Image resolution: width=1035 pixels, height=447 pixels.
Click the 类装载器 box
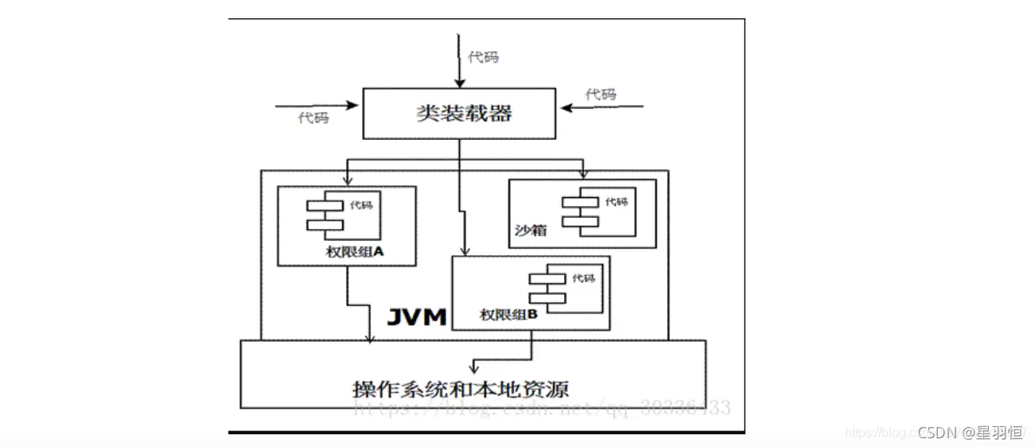coord(459,113)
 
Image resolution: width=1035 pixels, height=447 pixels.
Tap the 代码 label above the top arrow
coord(483,57)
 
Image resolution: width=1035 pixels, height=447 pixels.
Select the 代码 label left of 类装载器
coord(313,118)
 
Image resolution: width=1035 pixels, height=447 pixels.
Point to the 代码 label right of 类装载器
coord(601,95)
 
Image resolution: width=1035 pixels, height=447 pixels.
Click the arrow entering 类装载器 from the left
coord(318,104)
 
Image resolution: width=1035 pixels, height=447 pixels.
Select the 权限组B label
coord(509,315)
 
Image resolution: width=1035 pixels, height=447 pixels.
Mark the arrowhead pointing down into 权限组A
coord(347,176)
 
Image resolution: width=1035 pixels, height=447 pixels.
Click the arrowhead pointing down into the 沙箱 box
coord(583,173)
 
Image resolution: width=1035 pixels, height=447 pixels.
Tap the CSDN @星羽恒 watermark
coord(970,433)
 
